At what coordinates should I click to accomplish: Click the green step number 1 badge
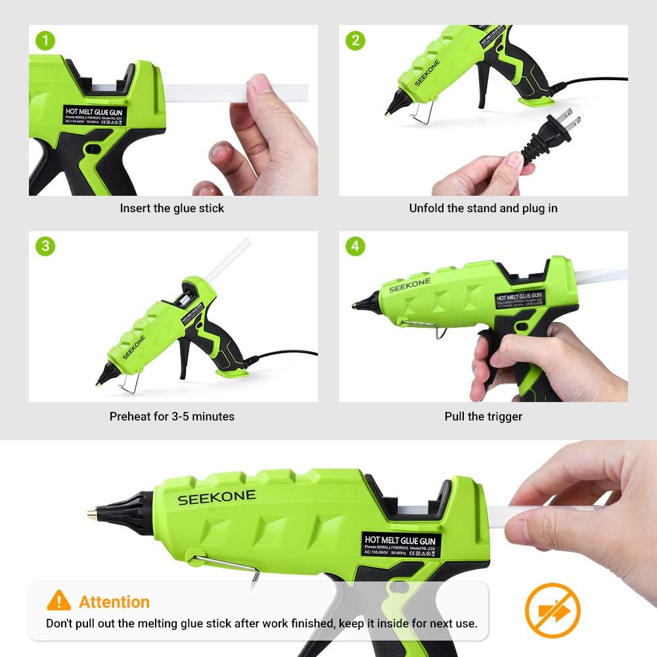(45, 41)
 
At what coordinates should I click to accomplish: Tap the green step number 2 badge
(355, 41)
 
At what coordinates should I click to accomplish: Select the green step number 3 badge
(45, 246)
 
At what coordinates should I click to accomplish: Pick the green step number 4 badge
(355, 246)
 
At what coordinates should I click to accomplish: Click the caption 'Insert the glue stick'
(171, 208)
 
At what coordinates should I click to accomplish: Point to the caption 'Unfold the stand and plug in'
(483, 208)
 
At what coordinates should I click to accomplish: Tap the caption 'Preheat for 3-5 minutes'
(171, 417)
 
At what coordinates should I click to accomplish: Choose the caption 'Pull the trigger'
(483, 417)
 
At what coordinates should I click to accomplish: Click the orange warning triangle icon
(59, 600)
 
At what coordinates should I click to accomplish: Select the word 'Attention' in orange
(114, 602)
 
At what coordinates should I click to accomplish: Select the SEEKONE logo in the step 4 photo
(409, 284)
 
